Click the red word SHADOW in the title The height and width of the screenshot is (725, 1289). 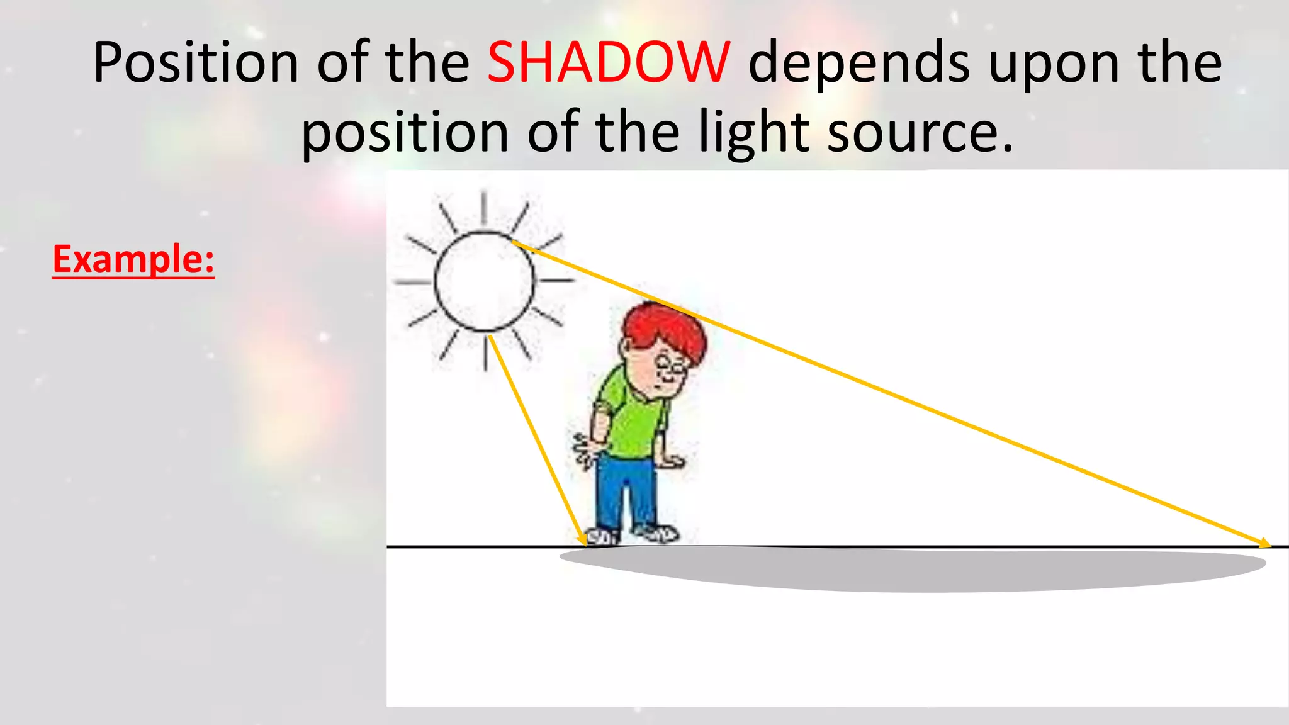click(x=609, y=63)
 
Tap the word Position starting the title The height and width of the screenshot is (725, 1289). click(x=195, y=63)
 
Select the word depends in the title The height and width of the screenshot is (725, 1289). click(x=859, y=63)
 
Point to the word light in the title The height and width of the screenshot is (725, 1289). click(x=754, y=133)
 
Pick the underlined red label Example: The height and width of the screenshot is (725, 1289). click(x=133, y=259)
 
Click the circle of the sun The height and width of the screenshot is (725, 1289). click(x=484, y=281)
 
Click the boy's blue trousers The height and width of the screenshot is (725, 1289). click(x=620, y=491)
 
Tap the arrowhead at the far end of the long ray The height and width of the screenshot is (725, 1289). click(x=1264, y=543)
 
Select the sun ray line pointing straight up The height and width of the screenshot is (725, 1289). click(x=483, y=208)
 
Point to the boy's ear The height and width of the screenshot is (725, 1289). click(x=626, y=348)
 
